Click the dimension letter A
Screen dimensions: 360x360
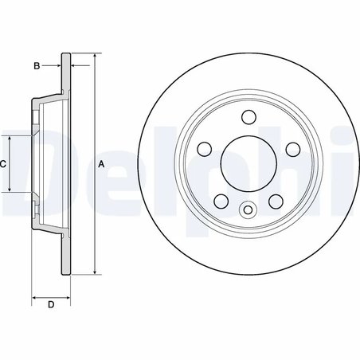[x=101, y=163]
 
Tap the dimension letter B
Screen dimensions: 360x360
[x=37, y=65]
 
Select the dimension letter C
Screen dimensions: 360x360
[x=4, y=163]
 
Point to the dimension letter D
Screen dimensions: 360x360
[x=50, y=305]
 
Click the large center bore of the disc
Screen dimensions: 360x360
[x=246, y=165]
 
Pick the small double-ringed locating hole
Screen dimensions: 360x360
[x=246, y=211]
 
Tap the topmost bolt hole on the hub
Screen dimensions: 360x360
[x=246, y=119]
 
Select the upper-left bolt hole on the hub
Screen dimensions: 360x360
[x=202, y=149]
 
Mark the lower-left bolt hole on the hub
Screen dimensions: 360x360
[x=219, y=202]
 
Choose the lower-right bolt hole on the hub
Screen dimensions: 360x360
[x=273, y=202]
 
